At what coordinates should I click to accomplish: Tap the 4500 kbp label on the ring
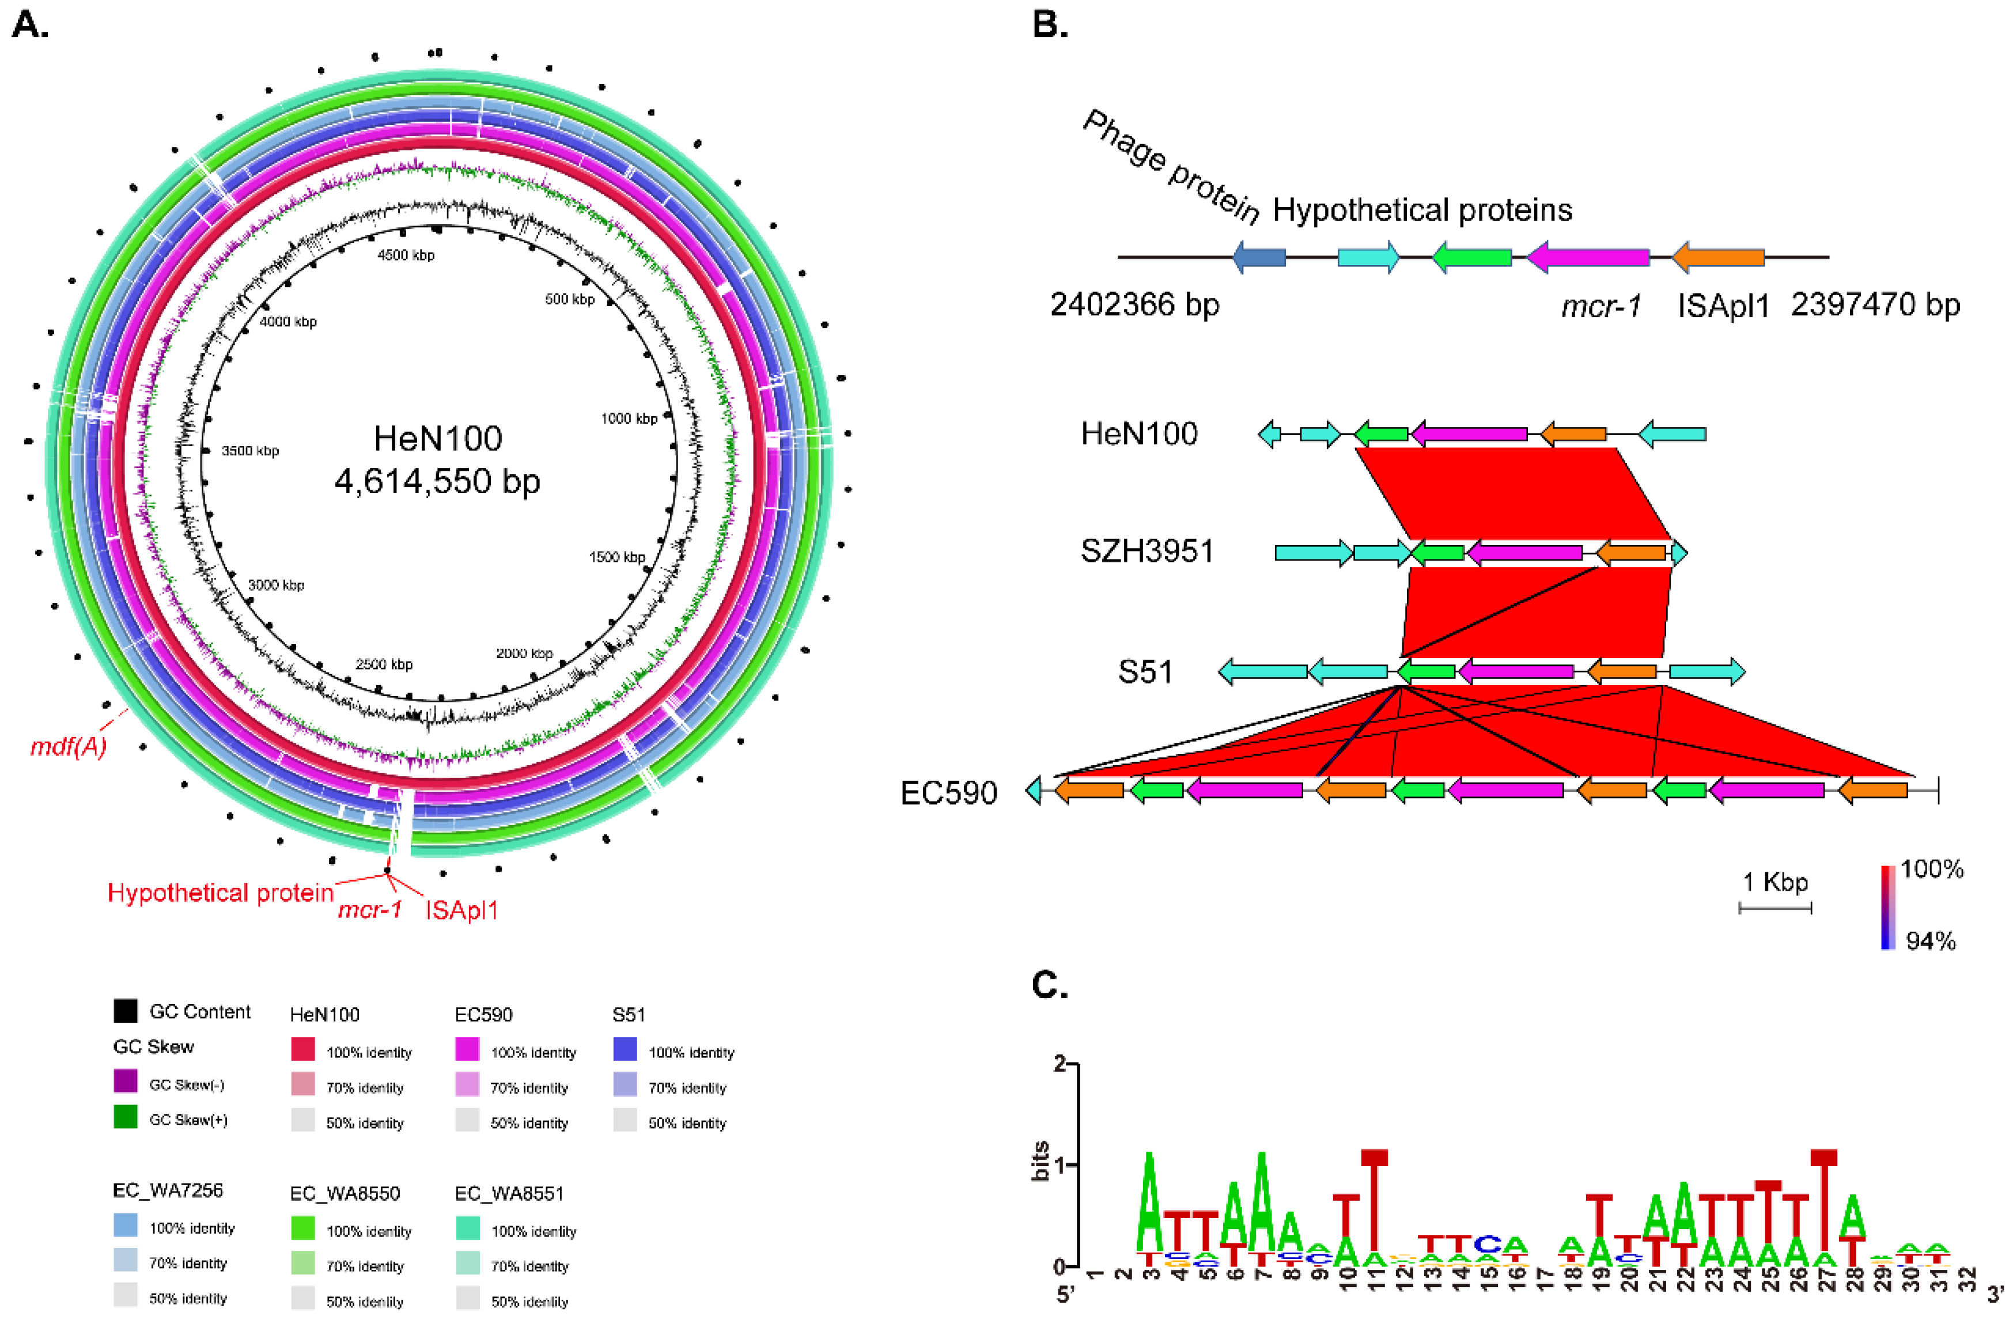click(x=406, y=255)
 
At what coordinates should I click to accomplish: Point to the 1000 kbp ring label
click(x=629, y=418)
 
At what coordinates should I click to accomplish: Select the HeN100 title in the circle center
click(x=438, y=438)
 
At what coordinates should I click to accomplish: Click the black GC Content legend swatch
click(x=126, y=1011)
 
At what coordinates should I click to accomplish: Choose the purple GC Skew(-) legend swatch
click(x=126, y=1081)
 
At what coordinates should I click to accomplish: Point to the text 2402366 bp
click(x=1135, y=305)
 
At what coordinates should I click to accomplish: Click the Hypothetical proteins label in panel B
click(x=1422, y=210)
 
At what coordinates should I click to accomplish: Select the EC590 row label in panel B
click(x=948, y=793)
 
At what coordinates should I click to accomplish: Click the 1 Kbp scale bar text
click(x=1775, y=883)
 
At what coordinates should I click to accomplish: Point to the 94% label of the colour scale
click(x=1930, y=941)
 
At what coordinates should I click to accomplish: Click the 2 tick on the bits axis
click(x=1060, y=1063)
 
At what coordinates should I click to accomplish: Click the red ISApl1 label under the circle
click(x=461, y=910)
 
